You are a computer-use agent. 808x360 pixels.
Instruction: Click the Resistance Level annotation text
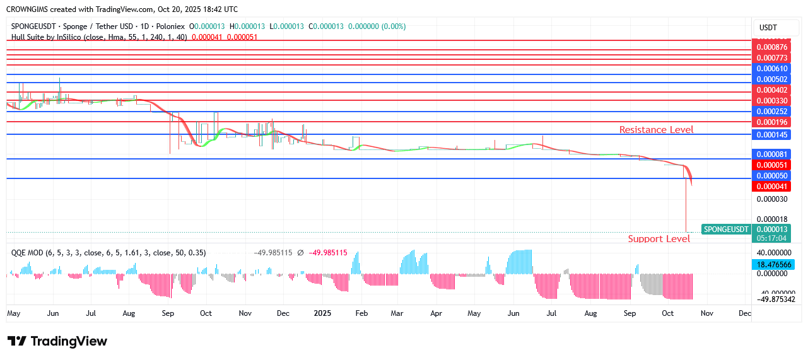point(656,130)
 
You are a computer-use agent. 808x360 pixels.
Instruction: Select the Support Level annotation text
point(659,239)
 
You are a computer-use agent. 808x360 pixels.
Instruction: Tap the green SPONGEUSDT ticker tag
point(726,229)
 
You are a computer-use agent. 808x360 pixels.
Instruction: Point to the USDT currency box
point(768,28)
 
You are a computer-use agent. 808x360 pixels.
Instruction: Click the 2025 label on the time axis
point(322,313)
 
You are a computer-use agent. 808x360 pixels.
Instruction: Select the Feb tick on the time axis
point(361,313)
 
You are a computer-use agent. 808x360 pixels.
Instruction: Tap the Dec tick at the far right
point(744,313)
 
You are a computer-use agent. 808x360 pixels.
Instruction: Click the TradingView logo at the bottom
point(57,341)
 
